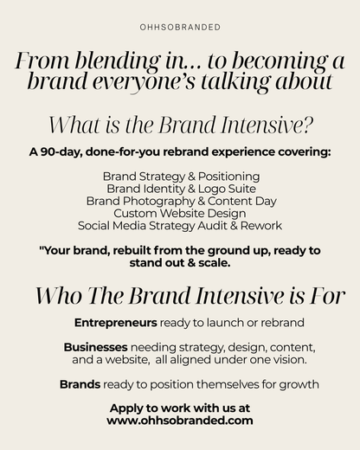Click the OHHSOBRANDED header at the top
pos(180,27)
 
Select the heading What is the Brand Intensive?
pos(180,124)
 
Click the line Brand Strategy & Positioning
pos(180,176)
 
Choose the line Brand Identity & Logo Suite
pos(180,188)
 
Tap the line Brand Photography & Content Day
pos(180,200)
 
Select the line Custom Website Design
pos(180,213)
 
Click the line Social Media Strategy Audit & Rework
pos(180,225)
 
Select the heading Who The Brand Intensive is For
pos(180,295)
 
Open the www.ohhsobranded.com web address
pos(180,420)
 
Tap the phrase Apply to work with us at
pos(180,407)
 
